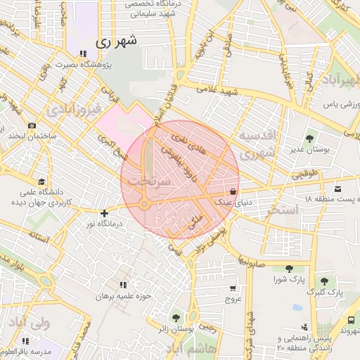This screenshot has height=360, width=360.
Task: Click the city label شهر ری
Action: tap(112, 43)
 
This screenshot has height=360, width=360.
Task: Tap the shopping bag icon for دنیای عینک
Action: tap(233, 192)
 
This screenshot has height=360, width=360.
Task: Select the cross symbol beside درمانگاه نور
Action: tap(105, 213)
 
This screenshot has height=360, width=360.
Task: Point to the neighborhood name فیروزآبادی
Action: tap(73, 110)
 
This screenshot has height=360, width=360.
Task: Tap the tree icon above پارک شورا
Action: tap(289, 268)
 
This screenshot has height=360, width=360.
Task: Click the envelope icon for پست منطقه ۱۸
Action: tap(338, 188)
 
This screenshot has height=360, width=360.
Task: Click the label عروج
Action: tap(233, 300)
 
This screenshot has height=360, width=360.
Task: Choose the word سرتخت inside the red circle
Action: tap(146, 181)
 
